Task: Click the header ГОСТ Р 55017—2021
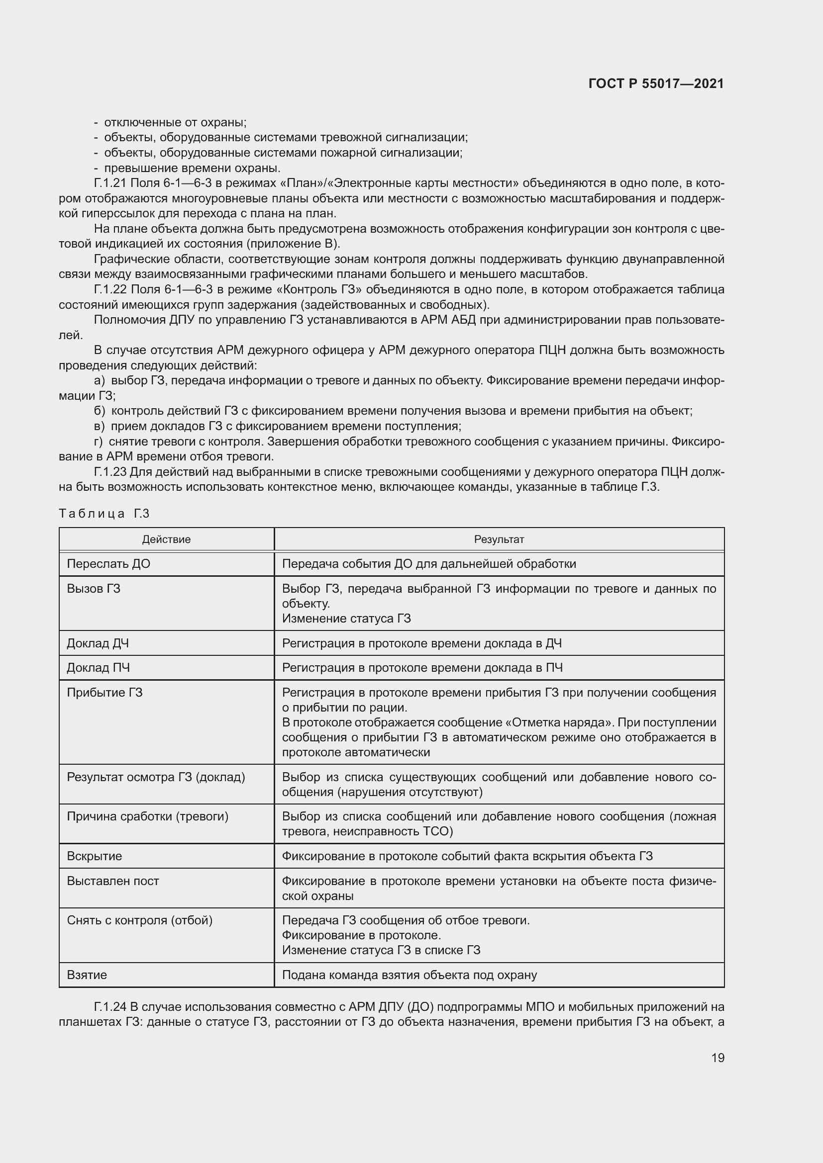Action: pyautogui.click(x=656, y=84)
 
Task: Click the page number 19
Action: pyautogui.click(x=718, y=1058)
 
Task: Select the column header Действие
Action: pyautogui.click(x=166, y=539)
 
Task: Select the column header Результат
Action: pyautogui.click(x=499, y=539)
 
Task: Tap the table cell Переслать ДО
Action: pyautogui.click(x=108, y=564)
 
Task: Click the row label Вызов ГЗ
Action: pyautogui.click(x=94, y=589)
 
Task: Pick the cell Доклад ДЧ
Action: pyautogui.click(x=98, y=643)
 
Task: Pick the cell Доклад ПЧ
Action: pyautogui.click(x=99, y=668)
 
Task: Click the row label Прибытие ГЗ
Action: pyautogui.click(x=105, y=693)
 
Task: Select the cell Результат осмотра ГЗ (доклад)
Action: pyautogui.click(x=156, y=777)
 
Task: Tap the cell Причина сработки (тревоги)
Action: pyautogui.click(x=147, y=816)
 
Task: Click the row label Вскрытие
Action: pyautogui.click(x=94, y=856)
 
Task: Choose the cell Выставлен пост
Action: pyautogui.click(x=113, y=881)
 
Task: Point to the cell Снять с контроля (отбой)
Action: pyautogui.click(x=140, y=920)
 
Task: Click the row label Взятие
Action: pyautogui.click(x=87, y=975)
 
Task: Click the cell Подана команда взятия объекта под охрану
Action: pyautogui.click(x=409, y=975)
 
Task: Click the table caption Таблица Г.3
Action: pyautogui.click(x=104, y=514)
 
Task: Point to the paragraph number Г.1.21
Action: pyautogui.click(x=109, y=183)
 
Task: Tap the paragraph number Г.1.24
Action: pyautogui.click(x=109, y=1006)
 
